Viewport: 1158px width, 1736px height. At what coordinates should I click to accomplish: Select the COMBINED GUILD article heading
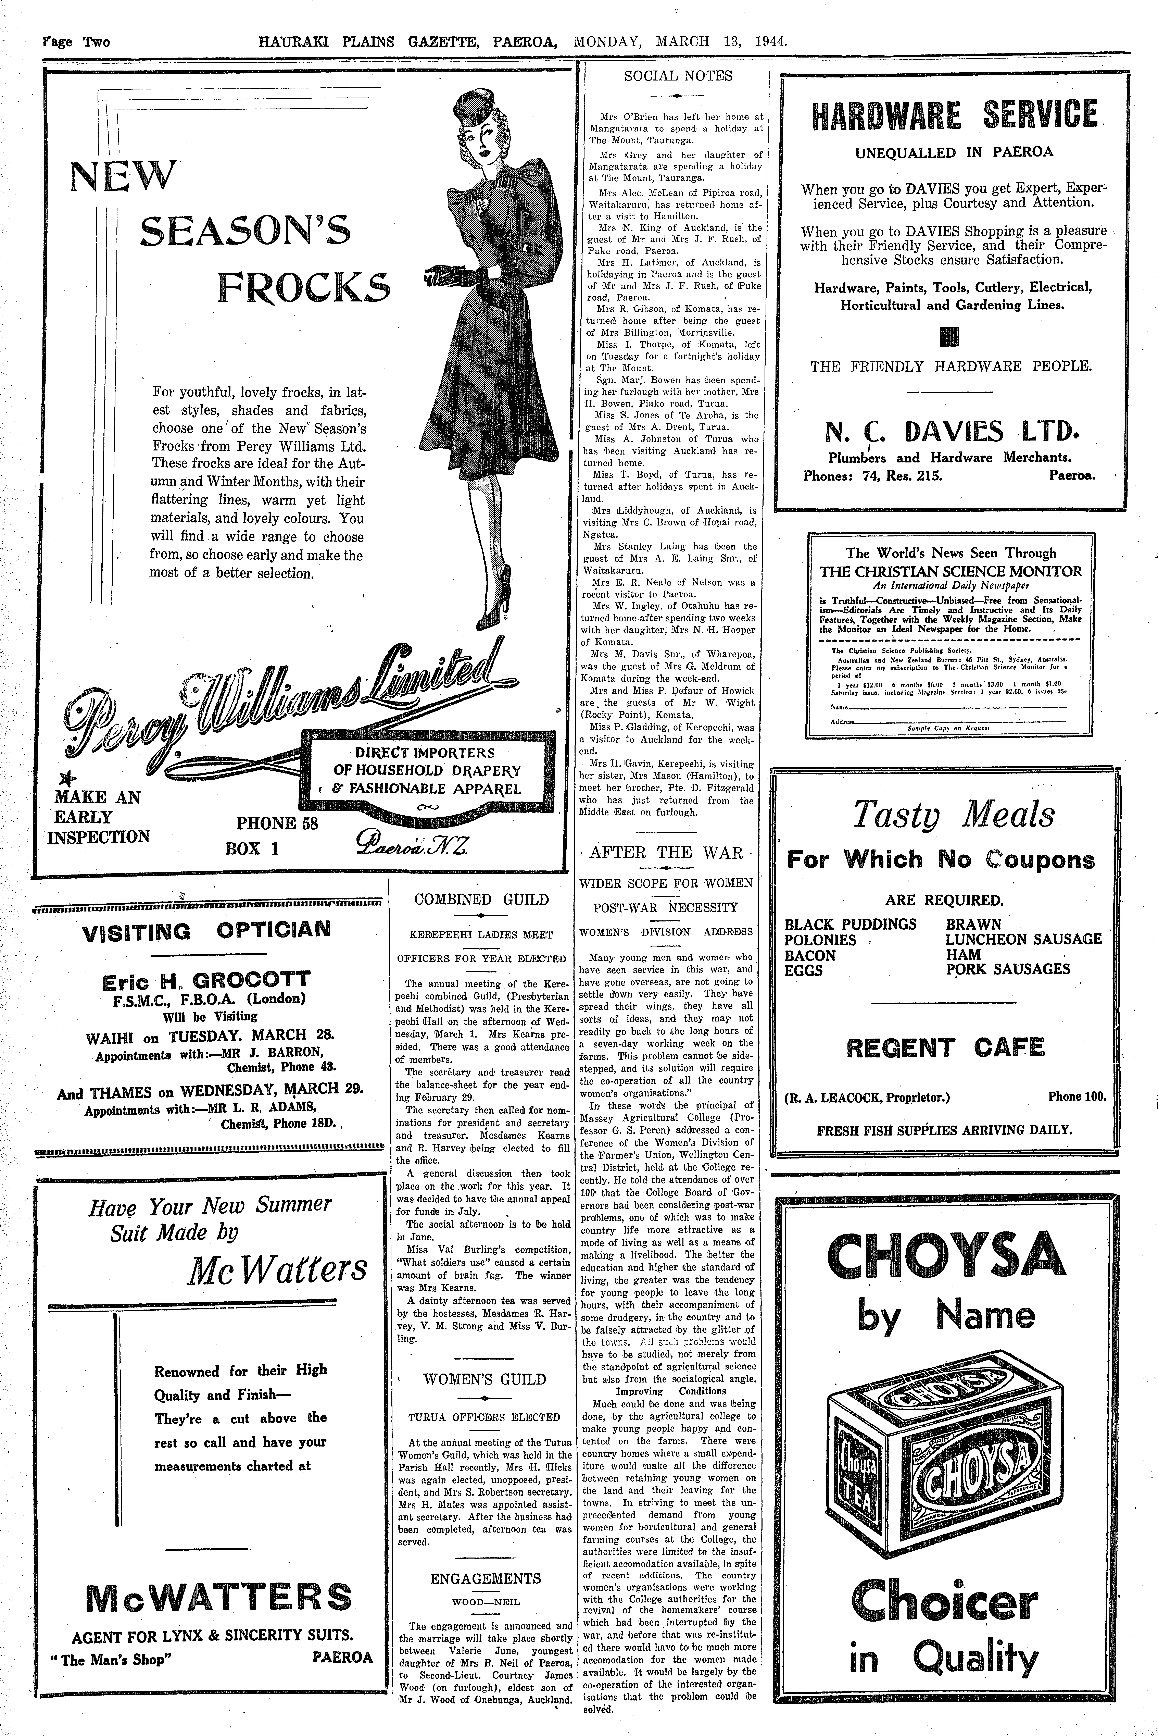(481, 900)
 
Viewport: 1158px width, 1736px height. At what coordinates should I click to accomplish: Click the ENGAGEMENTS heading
(485, 1579)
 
